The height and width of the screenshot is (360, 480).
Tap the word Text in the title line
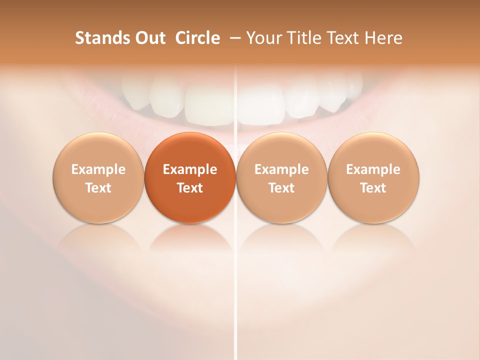click(344, 38)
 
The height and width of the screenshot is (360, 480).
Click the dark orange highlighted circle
click(190, 178)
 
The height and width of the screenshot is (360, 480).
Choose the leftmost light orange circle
click(98, 178)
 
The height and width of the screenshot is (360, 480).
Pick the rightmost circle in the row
click(373, 178)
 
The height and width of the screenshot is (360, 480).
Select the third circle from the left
click(281, 178)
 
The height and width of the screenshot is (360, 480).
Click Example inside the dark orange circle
click(190, 169)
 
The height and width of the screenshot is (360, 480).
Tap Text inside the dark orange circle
click(190, 188)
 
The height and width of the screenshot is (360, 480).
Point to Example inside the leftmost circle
click(98, 169)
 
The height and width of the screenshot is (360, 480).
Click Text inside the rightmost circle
click(373, 188)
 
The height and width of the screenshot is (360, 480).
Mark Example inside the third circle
click(281, 169)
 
